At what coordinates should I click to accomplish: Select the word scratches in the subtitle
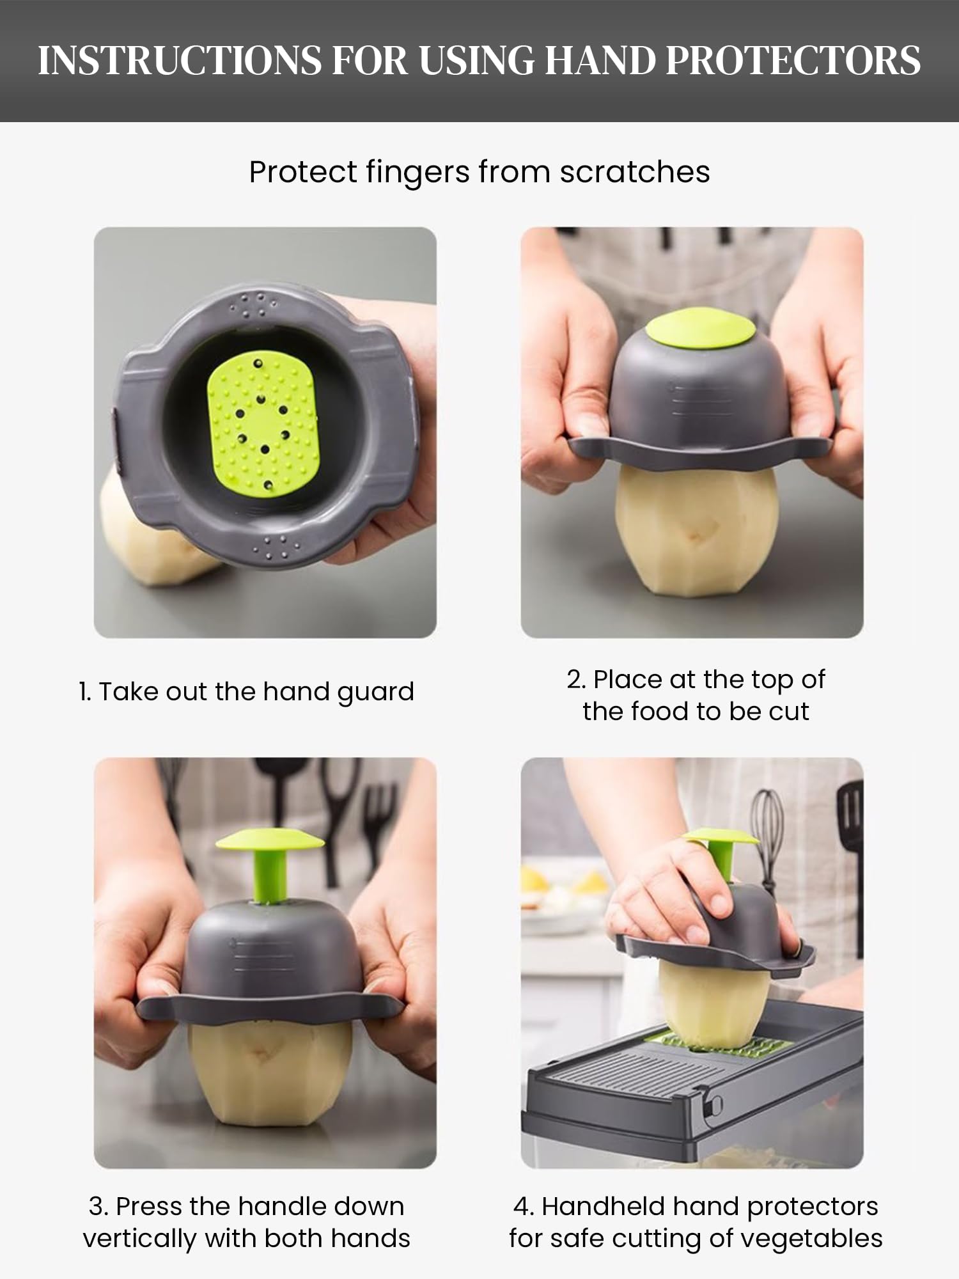pos(635,172)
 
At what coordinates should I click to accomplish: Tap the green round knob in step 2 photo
pos(699,331)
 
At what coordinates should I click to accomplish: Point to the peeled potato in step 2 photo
pos(697,531)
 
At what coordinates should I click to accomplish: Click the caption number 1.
pos(85,692)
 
